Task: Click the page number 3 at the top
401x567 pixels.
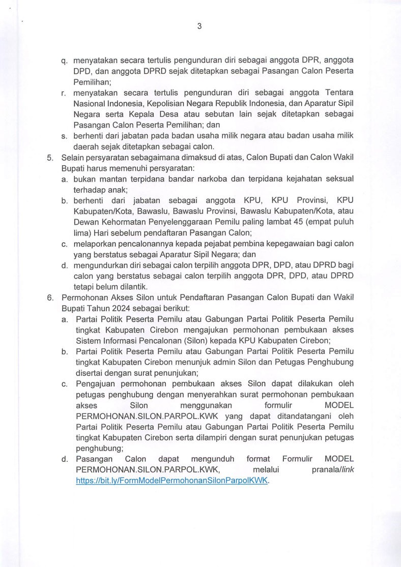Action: (x=199, y=27)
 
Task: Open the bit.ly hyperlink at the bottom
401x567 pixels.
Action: (x=172, y=480)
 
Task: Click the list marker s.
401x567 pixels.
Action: (x=64, y=136)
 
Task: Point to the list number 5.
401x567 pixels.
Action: (x=50, y=158)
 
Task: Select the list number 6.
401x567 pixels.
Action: (x=50, y=297)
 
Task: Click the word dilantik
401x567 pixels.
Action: (x=132, y=286)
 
